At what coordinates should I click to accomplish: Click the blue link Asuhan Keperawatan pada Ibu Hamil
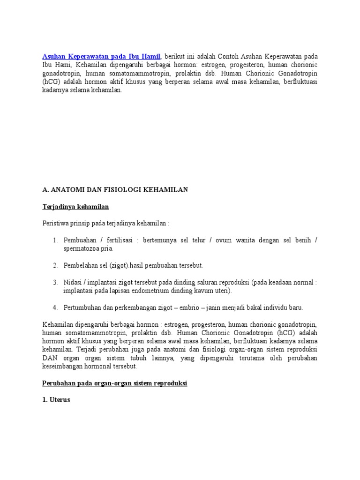[101, 57]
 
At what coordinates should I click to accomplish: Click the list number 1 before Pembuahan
[55, 240]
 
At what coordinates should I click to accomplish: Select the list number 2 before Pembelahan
[55, 265]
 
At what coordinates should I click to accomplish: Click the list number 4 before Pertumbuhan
[55, 307]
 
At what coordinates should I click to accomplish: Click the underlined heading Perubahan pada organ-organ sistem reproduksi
[114, 383]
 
